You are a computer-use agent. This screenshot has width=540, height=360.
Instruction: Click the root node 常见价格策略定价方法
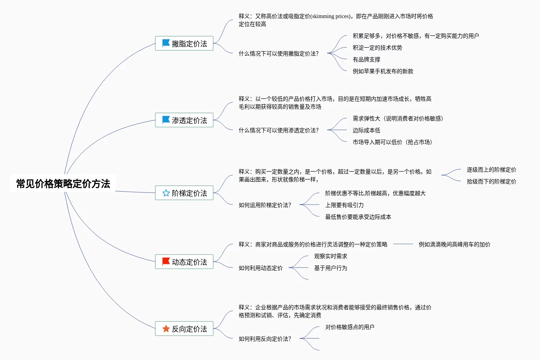(63, 184)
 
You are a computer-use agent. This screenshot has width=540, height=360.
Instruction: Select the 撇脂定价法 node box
(184, 44)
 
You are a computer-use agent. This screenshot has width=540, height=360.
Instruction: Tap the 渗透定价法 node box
(184, 120)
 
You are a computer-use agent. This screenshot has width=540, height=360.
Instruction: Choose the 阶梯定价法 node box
(184, 193)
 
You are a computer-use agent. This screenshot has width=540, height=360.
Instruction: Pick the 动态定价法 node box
(184, 262)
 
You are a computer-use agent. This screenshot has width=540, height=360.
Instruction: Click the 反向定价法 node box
(184, 329)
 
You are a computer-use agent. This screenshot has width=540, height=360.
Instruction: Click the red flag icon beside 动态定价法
(166, 262)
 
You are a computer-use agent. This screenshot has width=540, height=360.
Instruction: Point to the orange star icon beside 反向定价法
(166, 329)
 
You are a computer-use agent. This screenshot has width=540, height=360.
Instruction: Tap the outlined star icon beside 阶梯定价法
(166, 193)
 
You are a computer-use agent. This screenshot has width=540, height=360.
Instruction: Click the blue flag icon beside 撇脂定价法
(166, 43)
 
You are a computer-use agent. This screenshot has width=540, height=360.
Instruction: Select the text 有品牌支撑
(366, 59)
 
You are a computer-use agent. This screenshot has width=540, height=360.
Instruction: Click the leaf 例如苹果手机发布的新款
(383, 71)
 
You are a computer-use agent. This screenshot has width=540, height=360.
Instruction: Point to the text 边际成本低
(366, 130)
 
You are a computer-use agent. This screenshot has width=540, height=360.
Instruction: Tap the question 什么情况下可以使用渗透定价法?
(278, 130)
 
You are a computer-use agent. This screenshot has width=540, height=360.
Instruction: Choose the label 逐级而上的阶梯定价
(491, 170)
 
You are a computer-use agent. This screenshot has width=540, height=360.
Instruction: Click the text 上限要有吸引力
(344, 205)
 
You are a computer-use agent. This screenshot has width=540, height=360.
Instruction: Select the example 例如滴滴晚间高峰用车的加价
(454, 244)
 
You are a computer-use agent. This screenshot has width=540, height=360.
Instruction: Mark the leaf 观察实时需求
(330, 256)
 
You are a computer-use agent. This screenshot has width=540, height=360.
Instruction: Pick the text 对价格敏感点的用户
(350, 327)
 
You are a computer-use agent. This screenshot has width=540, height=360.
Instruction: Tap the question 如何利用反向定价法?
(265, 339)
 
